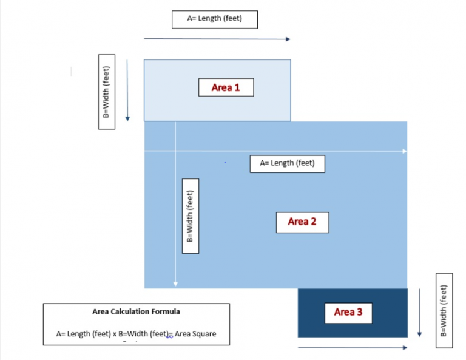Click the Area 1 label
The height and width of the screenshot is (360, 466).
point(226,87)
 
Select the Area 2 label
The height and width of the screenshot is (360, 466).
point(302,222)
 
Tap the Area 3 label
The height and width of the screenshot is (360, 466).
point(348,312)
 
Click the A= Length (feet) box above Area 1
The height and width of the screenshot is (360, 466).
point(215,19)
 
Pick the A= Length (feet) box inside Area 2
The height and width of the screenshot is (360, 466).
point(287,163)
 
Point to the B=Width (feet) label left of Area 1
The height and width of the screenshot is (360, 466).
point(107,91)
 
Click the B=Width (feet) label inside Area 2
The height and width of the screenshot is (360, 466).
point(190,216)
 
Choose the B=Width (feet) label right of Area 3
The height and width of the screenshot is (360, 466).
point(444,311)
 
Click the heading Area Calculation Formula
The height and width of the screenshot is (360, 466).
point(136,312)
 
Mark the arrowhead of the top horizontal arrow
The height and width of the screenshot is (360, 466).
point(288,39)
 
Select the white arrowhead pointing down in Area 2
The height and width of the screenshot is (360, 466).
point(175,283)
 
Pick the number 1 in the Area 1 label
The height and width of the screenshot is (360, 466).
point(237,87)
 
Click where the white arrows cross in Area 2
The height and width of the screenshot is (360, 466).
point(175,150)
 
